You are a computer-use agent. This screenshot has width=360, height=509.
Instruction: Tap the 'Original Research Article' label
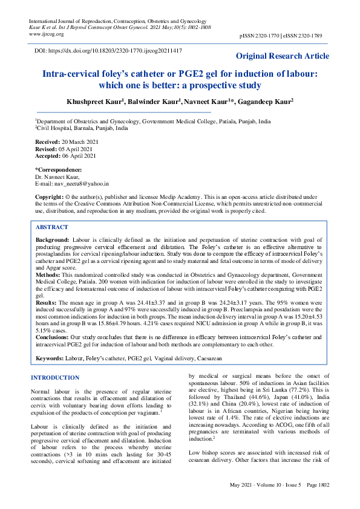click(283, 56)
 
